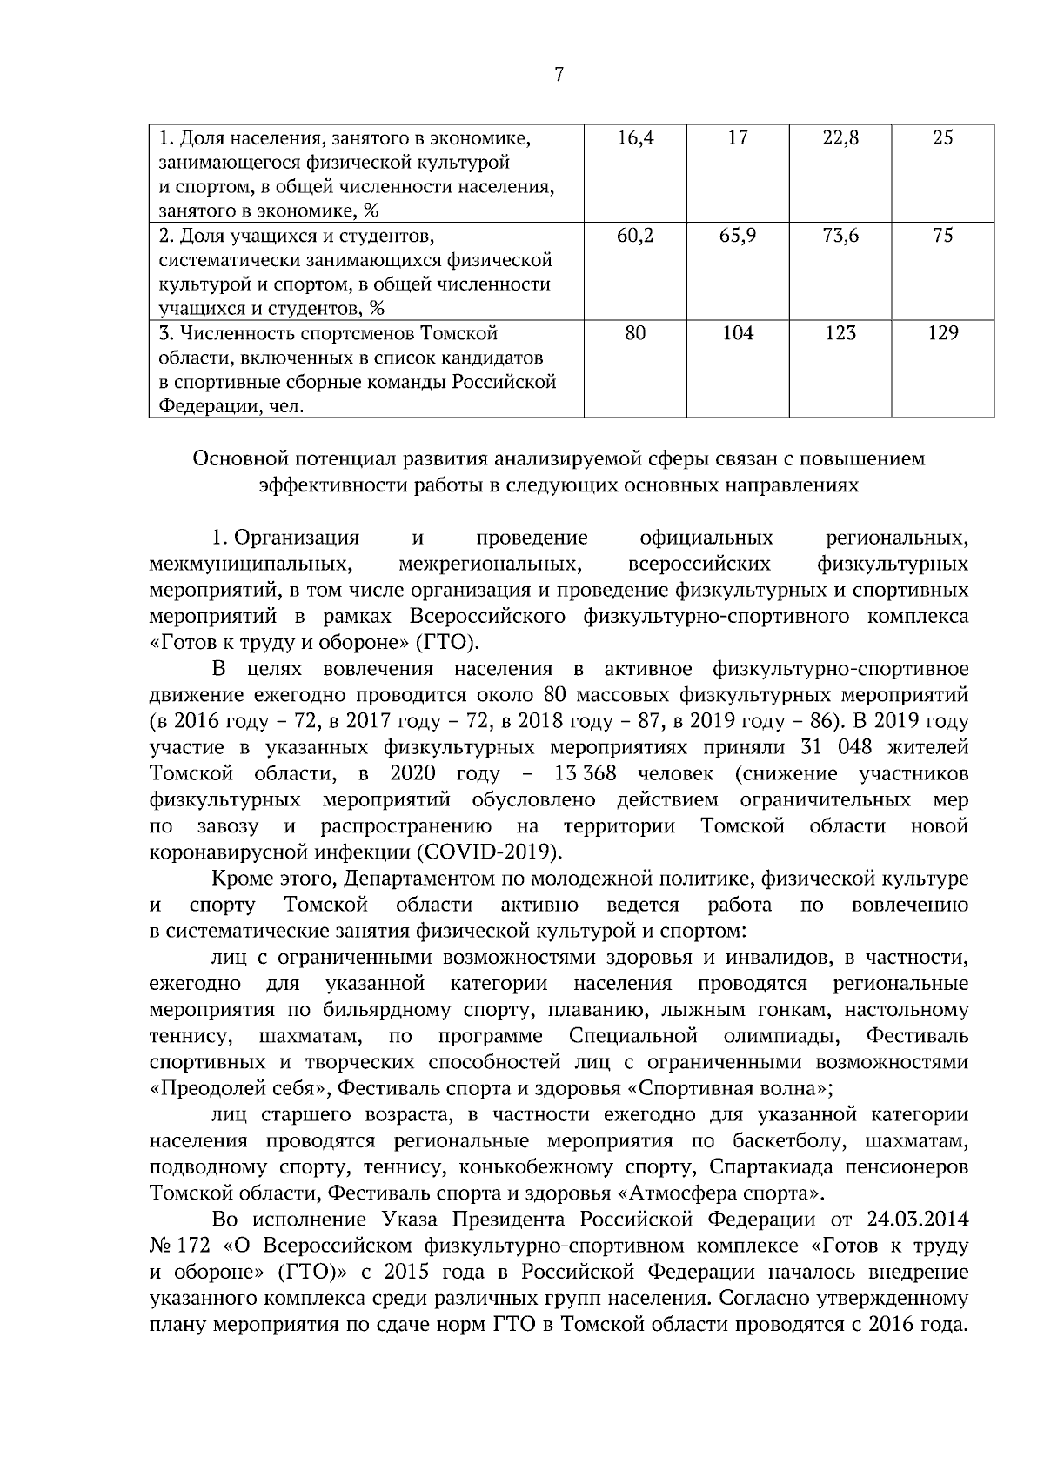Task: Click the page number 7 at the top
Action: point(559,76)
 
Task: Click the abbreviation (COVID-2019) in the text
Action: point(491,851)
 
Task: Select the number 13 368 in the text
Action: point(585,773)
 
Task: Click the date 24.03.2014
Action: point(918,1216)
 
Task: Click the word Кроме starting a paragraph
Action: point(239,879)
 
